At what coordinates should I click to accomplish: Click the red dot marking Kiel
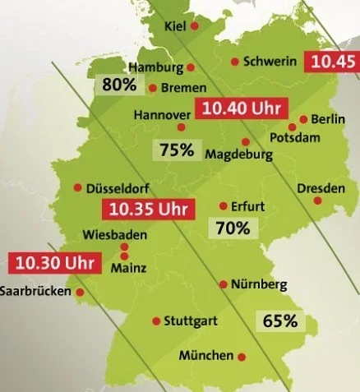(195, 26)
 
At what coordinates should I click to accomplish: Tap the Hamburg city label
(156, 67)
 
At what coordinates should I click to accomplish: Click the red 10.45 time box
(330, 62)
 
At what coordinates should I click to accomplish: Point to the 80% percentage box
(119, 84)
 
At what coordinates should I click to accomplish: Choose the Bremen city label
(183, 87)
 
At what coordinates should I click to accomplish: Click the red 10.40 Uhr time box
(238, 108)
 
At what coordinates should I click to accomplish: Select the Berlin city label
(327, 119)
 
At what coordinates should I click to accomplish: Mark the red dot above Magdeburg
(245, 141)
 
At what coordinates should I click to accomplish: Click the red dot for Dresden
(317, 201)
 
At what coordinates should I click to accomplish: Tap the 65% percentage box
(279, 321)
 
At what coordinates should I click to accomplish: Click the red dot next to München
(242, 356)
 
